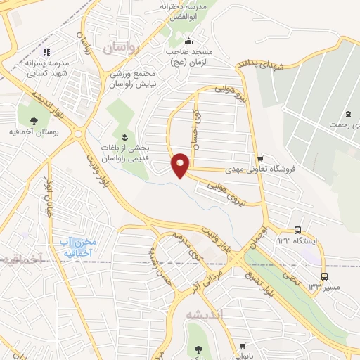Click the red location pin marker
[181, 165]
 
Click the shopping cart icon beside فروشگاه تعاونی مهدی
[261, 157]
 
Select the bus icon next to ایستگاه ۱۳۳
[298, 229]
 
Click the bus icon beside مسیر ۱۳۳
[323, 276]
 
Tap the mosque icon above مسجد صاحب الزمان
[189, 40]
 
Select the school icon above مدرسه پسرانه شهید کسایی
[46, 52]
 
